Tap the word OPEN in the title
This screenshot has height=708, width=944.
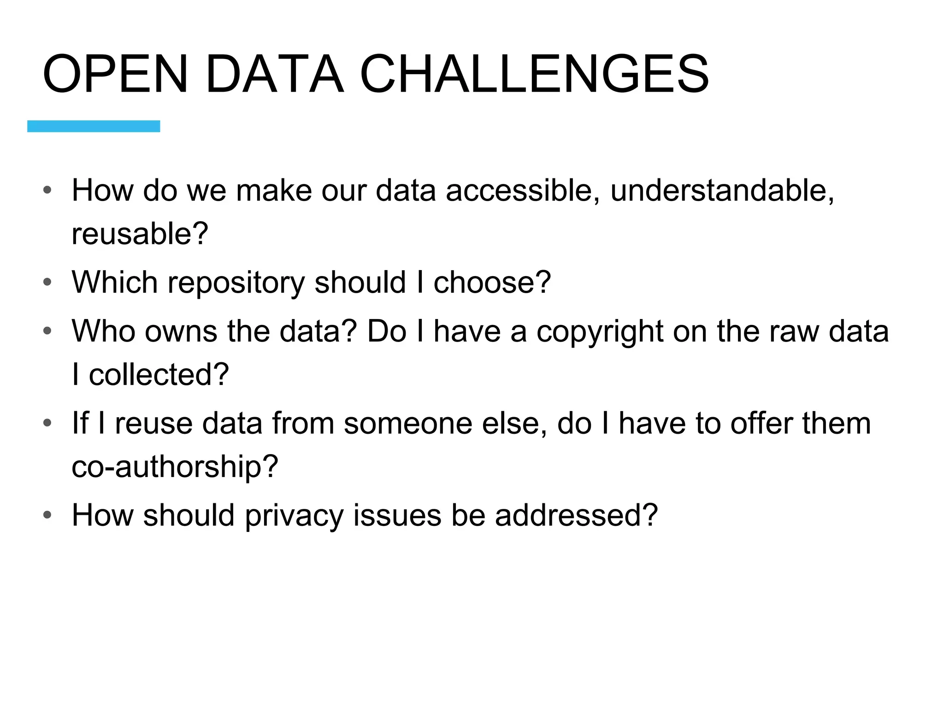tap(115, 74)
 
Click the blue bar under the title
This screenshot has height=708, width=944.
tap(94, 126)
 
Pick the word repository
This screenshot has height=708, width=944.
tap(236, 283)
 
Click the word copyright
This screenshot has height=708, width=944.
tap(599, 332)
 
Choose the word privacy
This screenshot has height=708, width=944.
tap(294, 516)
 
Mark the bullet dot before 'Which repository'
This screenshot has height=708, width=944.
tap(47, 282)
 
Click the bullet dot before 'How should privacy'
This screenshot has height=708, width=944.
tap(47, 515)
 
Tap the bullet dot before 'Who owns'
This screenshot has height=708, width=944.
tap(47, 331)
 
